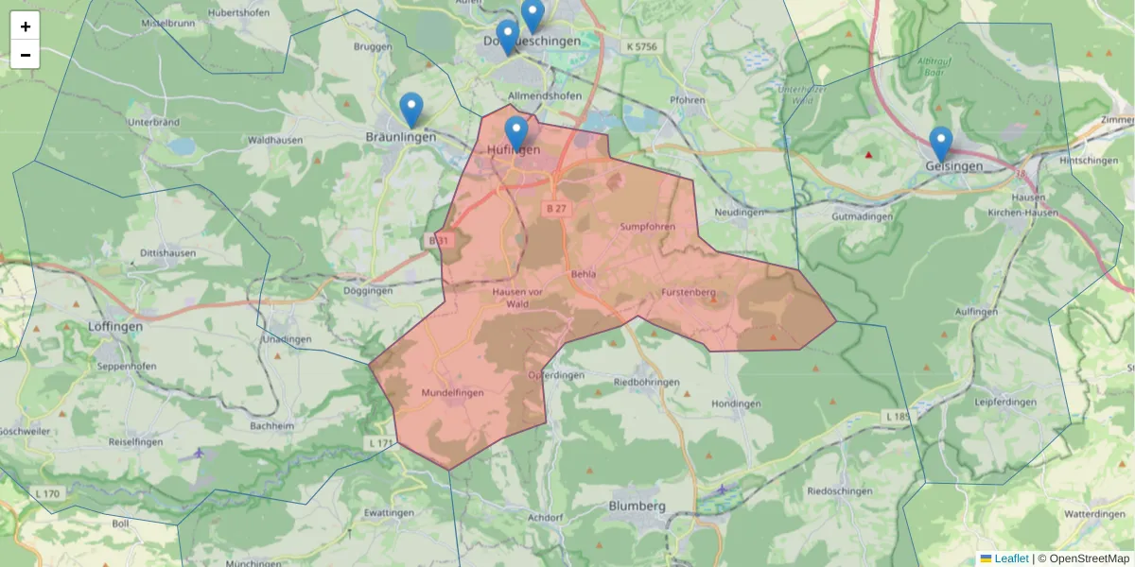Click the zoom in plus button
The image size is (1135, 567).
click(26, 26)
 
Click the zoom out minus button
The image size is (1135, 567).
click(26, 55)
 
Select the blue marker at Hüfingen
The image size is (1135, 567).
click(515, 133)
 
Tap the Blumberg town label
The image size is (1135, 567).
click(637, 506)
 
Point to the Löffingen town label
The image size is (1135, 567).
click(114, 326)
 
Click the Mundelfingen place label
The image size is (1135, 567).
click(452, 392)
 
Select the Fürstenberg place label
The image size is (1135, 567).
click(688, 292)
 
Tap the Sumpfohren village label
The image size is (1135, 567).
click(647, 227)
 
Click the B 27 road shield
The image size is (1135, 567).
click(555, 208)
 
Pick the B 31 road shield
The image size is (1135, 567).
click(437, 241)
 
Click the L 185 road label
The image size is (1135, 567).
click(897, 416)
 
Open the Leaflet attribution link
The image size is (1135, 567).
click(1010, 558)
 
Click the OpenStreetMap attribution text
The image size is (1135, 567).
click(1089, 558)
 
